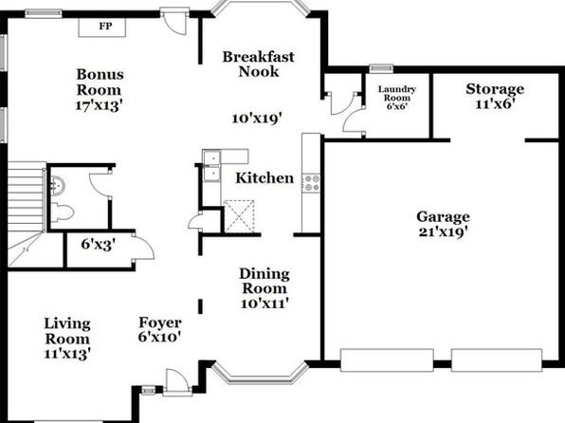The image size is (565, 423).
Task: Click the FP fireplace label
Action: coord(105,27)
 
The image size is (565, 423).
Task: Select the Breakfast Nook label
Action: coord(259,64)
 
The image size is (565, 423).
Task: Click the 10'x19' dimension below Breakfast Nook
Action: coord(256,119)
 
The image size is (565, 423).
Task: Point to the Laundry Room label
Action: coord(397,93)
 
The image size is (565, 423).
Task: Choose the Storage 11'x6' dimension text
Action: coord(495,104)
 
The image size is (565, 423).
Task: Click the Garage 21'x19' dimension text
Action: coord(444,231)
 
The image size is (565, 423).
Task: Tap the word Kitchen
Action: coord(264,178)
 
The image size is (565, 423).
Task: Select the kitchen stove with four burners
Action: coord(311,183)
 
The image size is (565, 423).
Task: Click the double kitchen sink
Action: coord(212,166)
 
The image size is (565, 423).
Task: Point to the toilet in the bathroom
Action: coord(62,212)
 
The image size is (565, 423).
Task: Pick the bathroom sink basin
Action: coord(58,186)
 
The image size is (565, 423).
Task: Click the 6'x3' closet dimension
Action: coord(99,245)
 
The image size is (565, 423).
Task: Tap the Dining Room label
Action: coord(264,282)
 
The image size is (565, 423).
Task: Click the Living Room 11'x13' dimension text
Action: coord(67,354)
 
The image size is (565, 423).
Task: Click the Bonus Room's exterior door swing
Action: coord(174,24)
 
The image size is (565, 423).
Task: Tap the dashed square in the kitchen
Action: coord(239,216)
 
